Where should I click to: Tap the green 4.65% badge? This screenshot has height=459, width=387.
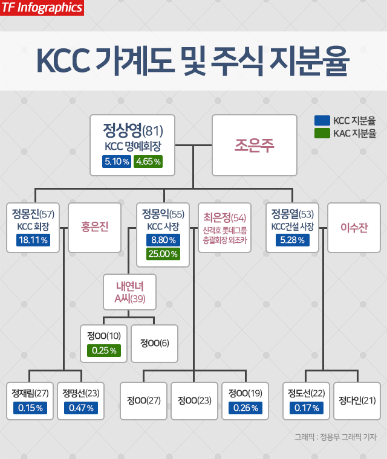(x=148, y=161)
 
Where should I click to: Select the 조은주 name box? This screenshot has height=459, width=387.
(x=254, y=145)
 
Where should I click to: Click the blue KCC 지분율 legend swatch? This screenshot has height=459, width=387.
(x=322, y=120)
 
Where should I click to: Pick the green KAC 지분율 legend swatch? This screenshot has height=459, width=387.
(x=322, y=133)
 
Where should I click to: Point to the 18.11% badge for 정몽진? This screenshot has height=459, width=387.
(x=33, y=240)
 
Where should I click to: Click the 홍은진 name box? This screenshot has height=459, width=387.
(x=94, y=228)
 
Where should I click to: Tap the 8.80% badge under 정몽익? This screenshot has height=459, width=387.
(x=163, y=240)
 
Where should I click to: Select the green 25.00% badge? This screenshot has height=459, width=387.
(x=163, y=254)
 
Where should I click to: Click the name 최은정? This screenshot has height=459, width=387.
(x=225, y=217)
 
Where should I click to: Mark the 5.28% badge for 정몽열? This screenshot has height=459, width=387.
(x=293, y=240)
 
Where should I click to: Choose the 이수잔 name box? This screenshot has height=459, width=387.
(x=354, y=228)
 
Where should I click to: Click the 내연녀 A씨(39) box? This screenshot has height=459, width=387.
(x=129, y=293)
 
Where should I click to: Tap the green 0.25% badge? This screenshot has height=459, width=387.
(x=103, y=350)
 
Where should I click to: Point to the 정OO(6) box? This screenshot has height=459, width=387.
(x=154, y=343)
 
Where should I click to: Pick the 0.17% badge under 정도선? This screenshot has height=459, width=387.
(x=305, y=408)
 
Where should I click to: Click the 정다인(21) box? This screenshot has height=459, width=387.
(x=357, y=400)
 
